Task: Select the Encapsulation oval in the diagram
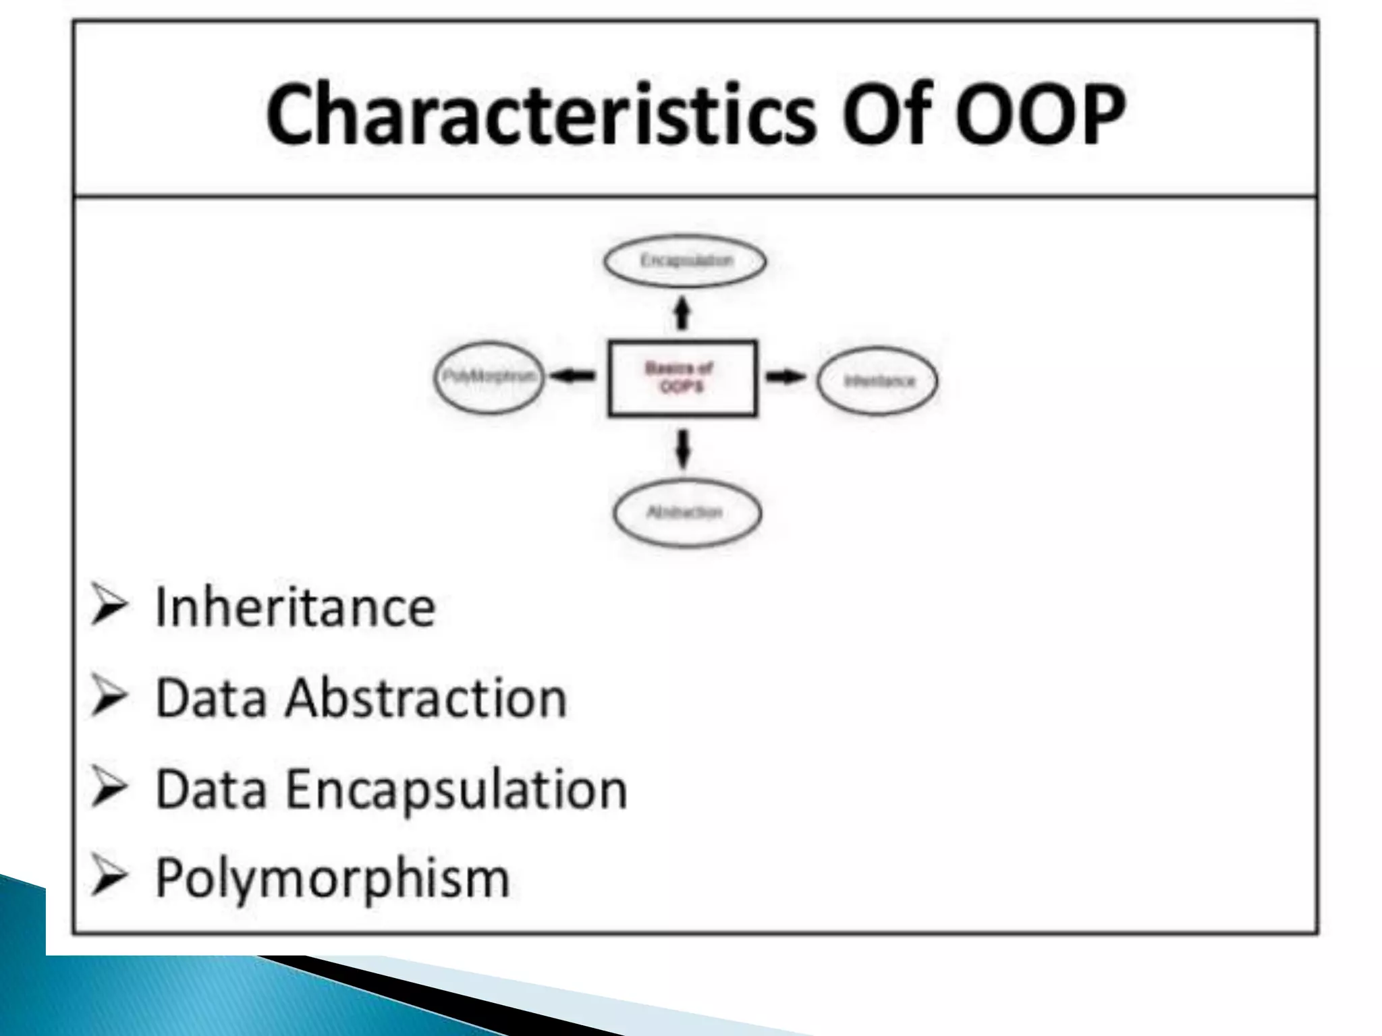click(685, 261)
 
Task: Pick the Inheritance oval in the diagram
click(877, 380)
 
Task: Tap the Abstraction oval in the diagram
click(686, 513)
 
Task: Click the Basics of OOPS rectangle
click(682, 378)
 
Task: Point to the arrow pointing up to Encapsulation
click(683, 314)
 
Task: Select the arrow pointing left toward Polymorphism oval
click(572, 376)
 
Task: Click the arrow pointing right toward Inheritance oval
click(785, 376)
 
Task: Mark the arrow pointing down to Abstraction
click(683, 449)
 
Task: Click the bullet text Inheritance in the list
click(295, 608)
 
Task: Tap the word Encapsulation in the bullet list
click(456, 789)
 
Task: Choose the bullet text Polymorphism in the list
click(332, 878)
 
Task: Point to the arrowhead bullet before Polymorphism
click(109, 877)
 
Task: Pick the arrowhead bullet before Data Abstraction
click(109, 697)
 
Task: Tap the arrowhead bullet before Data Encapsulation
click(109, 787)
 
